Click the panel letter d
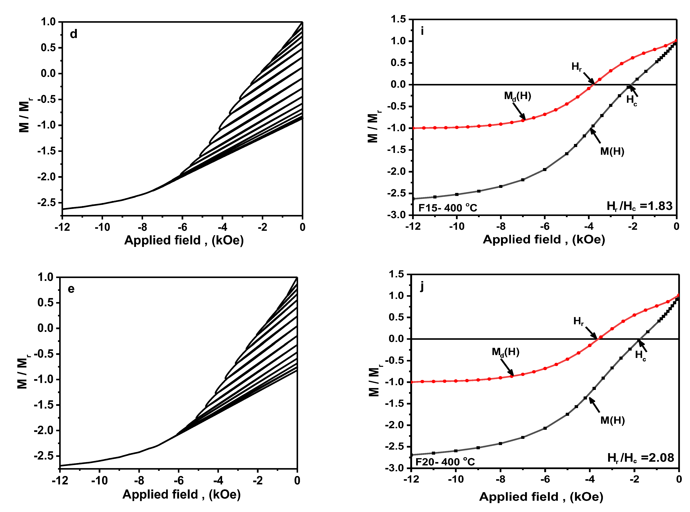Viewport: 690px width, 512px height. coord(73,34)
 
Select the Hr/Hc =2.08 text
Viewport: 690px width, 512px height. coord(640,458)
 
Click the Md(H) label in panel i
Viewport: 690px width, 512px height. coord(517,96)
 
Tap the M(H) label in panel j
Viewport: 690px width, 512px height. coord(612,420)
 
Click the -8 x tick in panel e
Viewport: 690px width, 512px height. coord(139,481)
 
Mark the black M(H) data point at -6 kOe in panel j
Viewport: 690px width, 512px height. coord(545,428)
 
